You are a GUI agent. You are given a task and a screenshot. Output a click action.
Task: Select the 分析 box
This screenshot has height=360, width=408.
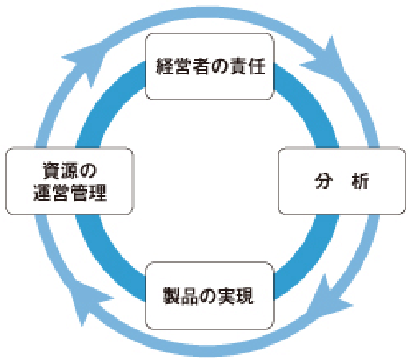343,182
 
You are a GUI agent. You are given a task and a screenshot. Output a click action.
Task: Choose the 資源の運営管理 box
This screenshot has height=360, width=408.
69,182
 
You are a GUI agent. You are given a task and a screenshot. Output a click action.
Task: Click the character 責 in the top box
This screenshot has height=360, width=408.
243,67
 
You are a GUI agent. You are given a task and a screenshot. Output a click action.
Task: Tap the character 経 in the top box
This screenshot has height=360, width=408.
164,67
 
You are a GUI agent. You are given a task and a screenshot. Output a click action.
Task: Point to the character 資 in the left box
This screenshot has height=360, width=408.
51,171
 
